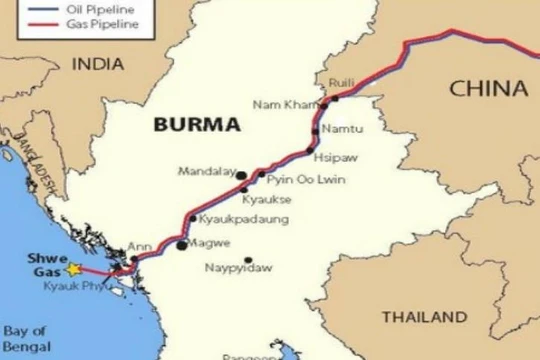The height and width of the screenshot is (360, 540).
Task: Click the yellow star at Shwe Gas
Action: pos(72,268)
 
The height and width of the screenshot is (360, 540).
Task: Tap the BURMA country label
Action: pos(197,126)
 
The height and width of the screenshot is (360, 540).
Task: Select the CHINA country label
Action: pos(488,89)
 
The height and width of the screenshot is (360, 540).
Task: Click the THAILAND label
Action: pos(424,317)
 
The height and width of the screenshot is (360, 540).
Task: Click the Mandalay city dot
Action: pos(241,175)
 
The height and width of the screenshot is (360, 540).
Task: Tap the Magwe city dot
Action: pos(181,244)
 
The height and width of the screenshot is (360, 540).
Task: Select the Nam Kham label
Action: pos(277,104)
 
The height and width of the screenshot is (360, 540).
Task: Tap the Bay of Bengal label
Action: pos(24,338)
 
